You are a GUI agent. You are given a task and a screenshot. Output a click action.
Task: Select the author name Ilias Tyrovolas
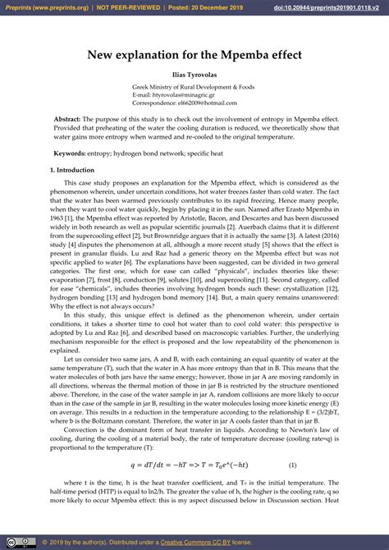pos(194,75)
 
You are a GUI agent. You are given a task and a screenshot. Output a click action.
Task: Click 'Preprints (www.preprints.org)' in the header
pos(46,7)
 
